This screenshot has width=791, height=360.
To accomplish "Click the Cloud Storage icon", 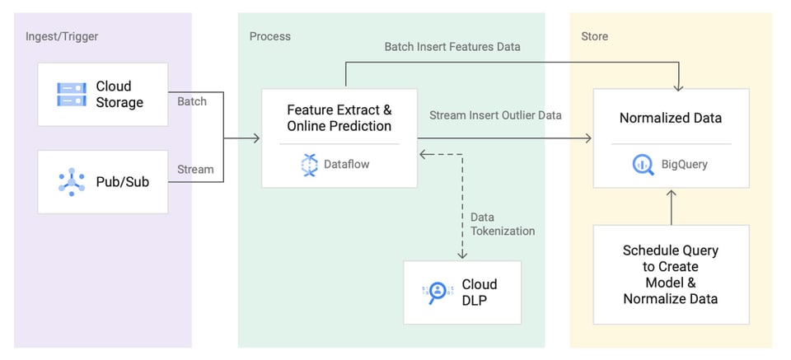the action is [x=72, y=94].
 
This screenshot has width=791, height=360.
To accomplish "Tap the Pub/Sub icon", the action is [x=72, y=181].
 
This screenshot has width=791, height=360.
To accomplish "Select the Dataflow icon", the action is [x=309, y=165].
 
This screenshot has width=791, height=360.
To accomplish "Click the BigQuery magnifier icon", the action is [x=643, y=165].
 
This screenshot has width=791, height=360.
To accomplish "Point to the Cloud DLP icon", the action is [x=437, y=293].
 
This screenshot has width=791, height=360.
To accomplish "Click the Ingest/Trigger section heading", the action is [x=62, y=37].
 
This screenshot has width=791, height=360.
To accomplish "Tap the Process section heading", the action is [x=270, y=36].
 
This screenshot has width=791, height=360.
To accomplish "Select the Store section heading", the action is [x=594, y=36].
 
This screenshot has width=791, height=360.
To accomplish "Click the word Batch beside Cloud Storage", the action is [x=192, y=101].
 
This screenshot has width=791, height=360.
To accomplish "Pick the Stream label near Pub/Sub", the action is [x=195, y=169].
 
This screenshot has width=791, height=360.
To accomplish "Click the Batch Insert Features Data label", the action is [x=452, y=47].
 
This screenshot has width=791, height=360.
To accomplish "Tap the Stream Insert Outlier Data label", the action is [x=495, y=115].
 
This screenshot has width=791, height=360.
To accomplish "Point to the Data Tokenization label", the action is [x=503, y=224].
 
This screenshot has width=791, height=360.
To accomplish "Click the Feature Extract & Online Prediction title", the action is [x=339, y=118].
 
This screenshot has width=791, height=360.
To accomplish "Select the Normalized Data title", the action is [x=671, y=118].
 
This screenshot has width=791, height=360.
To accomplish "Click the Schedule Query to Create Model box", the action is [x=671, y=274].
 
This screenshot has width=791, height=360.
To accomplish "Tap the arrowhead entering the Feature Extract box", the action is [x=256, y=138].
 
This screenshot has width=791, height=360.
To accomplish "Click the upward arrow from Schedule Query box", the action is [x=671, y=208].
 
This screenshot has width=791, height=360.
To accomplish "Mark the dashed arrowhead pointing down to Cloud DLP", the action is [x=462, y=255].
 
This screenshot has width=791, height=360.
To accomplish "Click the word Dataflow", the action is [x=347, y=165].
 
